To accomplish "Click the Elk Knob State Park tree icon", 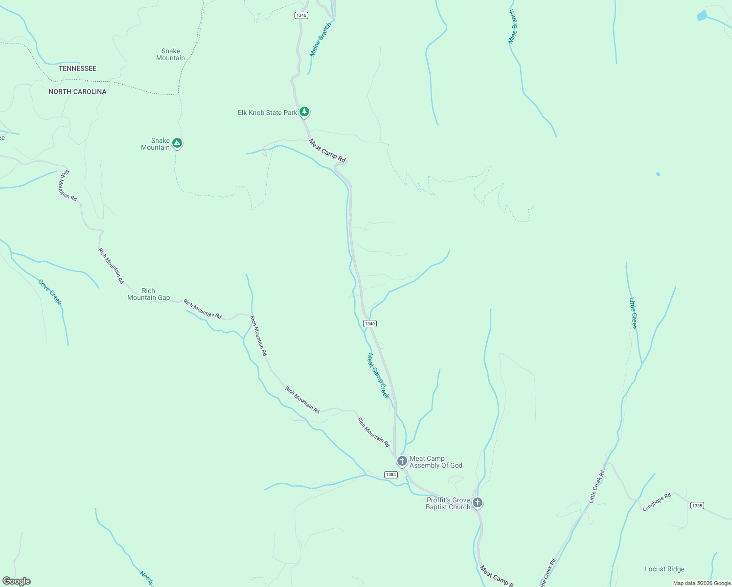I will coord(304,112).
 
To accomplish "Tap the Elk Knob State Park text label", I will coord(267,113).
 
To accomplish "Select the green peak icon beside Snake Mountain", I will coord(178,143).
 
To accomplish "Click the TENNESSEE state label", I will coord(77,68).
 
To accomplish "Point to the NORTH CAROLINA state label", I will coord(77,91).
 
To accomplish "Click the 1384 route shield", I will coord(390,474).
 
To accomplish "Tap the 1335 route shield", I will coord(697,505).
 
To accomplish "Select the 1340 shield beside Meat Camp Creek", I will coord(370,324).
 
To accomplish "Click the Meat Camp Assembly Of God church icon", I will coord(402,461).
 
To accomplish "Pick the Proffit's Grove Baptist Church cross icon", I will coord(478,502).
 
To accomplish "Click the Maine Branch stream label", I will coord(320,40).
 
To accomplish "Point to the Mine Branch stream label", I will coord(512,27).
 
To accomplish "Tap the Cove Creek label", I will coord(50,292).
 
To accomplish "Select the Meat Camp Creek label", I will coord(378,376).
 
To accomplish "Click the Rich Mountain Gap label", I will coord(148,294).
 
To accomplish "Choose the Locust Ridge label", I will coord(664,569).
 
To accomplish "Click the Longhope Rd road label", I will coord(656,503).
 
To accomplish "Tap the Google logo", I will coord(17,581).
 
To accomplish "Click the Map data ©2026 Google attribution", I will coord(702,583).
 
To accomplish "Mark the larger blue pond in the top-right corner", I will coord(702,16).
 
